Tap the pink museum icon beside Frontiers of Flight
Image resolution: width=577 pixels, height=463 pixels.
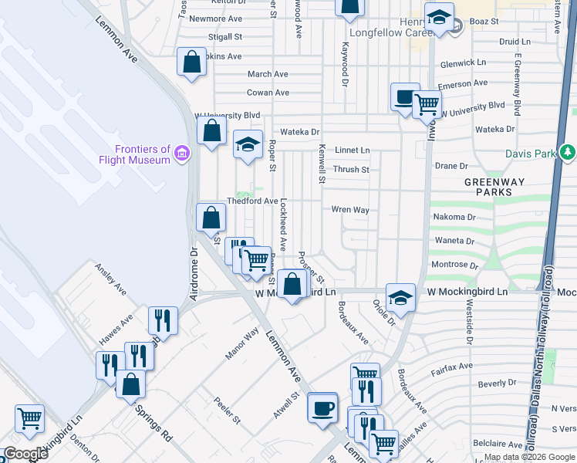pyautogui.click(x=182, y=154)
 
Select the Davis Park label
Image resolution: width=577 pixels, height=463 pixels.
pyautogui.click(x=530, y=154)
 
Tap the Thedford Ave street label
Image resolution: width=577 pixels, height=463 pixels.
pyautogui.click(x=252, y=201)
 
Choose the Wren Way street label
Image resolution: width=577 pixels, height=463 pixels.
pyautogui.click(x=350, y=210)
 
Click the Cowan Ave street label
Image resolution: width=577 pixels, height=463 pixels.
pyautogui.click(x=268, y=93)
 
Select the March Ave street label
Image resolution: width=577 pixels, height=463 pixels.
pyautogui.click(x=268, y=74)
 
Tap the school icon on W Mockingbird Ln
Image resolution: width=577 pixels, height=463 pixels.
pyautogui.click(x=400, y=298)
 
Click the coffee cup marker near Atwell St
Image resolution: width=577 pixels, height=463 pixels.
pyautogui.click(x=322, y=407)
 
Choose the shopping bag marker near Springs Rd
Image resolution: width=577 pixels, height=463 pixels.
pyautogui.click(x=130, y=383)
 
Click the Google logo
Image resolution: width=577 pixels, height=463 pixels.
pyautogui.click(x=25, y=454)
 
